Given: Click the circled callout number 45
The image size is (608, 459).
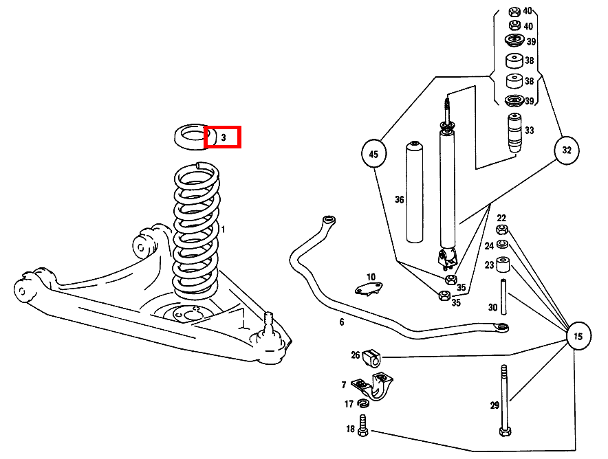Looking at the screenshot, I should tap(373, 154).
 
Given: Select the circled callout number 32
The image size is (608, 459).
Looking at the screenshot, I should tap(567, 149).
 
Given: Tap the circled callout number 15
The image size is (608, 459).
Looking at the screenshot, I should tap(578, 337).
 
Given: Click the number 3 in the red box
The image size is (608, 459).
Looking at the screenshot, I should tap(223, 137).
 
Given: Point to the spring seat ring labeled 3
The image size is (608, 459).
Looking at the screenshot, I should tap(192, 135).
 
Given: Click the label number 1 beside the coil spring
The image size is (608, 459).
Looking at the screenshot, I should tap(222, 229).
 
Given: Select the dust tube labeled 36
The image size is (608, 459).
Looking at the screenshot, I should tap(414, 192).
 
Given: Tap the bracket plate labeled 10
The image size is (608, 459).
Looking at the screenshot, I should tap(369, 287).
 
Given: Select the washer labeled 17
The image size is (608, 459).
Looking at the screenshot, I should tap(363, 404).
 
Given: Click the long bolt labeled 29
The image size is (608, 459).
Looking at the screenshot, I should tap(505, 402).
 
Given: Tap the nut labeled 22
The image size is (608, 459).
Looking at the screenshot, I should tap(502, 229).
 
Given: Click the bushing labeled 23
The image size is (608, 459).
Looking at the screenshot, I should tap(503, 265).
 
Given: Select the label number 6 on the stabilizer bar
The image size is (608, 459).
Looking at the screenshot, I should tap(341, 322).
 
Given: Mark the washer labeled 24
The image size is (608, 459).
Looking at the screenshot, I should tap(503, 245).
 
